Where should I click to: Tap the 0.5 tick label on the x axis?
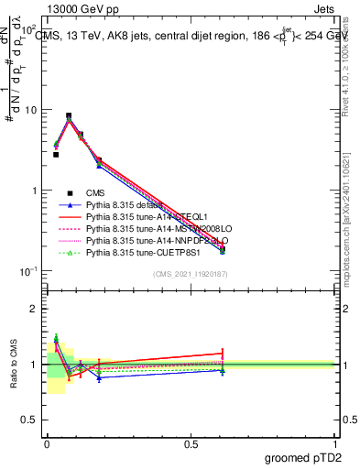pos(191,443)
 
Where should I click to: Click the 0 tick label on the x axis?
pos(47,443)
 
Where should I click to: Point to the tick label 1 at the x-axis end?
pos(334,443)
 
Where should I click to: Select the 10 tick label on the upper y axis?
pos(32,110)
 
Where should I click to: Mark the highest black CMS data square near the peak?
pos(69,116)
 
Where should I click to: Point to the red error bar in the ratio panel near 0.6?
pos(222,353)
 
